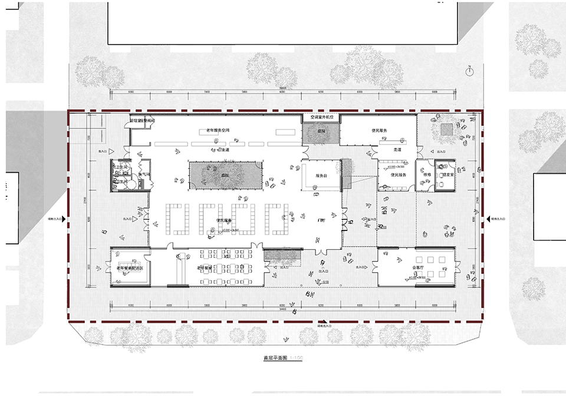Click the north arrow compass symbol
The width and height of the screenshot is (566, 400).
[469, 71]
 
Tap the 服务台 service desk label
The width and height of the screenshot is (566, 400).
[321, 176]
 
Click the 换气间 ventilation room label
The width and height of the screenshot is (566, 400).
[144, 174]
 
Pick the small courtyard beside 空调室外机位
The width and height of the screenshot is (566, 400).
[321, 133]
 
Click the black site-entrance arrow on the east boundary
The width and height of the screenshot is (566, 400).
[487, 219]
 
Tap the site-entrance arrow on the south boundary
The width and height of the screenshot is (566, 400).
[323, 322]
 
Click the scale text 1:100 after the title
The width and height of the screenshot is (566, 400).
[296, 358]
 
